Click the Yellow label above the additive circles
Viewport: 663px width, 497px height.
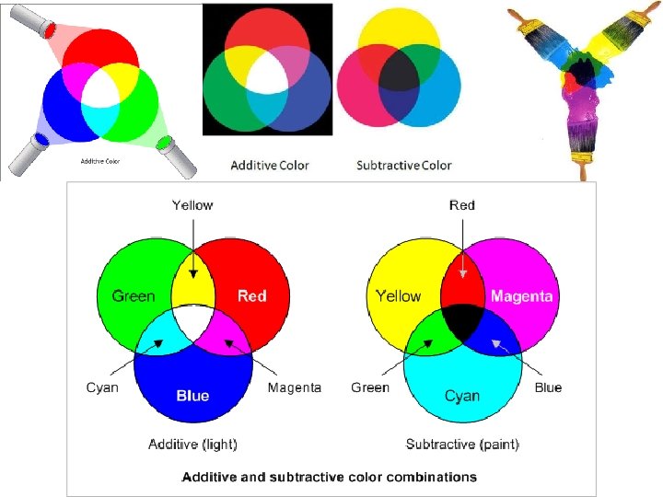[x=192, y=205]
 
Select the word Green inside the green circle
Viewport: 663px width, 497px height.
[x=134, y=295]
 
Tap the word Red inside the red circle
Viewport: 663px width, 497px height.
[x=251, y=295]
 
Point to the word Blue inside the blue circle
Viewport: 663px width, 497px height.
[x=192, y=396]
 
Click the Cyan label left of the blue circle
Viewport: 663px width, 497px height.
[x=102, y=387]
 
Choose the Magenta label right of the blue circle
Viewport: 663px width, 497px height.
[x=295, y=387]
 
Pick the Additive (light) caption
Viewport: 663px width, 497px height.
[x=192, y=445]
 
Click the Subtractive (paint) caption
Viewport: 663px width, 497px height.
[x=462, y=445]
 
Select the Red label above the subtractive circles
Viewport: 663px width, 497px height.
[x=462, y=205]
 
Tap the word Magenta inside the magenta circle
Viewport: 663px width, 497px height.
[x=522, y=295]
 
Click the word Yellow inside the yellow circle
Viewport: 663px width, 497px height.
[x=398, y=295]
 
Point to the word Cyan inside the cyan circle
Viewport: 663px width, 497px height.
[x=462, y=396]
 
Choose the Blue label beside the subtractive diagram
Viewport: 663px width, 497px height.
[x=548, y=387]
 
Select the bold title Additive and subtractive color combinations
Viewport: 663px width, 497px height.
[x=330, y=477]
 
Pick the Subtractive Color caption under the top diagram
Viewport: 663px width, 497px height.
[x=404, y=166]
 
